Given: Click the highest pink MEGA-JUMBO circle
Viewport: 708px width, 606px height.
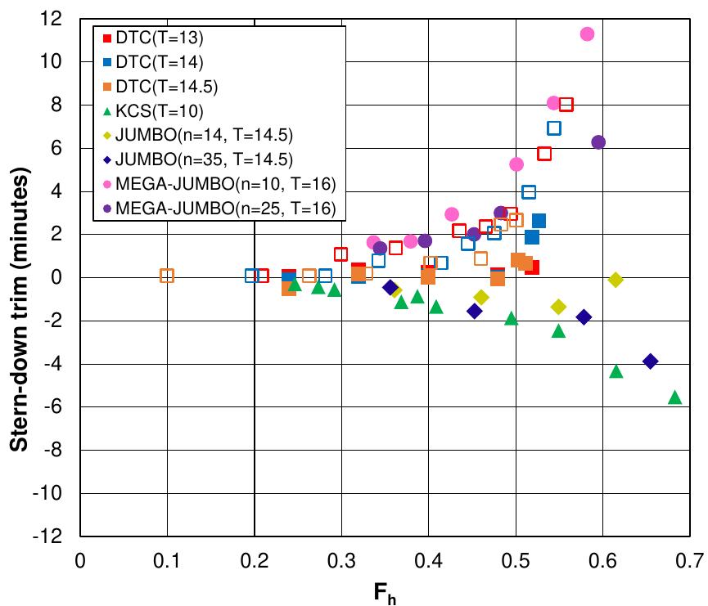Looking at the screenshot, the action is coord(587,34).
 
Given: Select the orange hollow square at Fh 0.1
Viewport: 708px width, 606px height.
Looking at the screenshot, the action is coord(167,276).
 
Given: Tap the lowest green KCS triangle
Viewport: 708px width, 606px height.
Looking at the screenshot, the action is coord(674,397).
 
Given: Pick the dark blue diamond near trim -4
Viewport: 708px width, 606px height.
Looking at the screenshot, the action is coord(650,361).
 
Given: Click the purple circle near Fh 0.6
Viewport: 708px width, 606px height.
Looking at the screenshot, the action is coord(598,142).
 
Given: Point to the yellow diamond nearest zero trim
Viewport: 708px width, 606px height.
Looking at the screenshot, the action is coord(616,280).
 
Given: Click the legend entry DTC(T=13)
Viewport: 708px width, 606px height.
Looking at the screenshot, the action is coord(153,38).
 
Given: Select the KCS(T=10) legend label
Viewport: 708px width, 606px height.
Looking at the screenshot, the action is coord(153,111).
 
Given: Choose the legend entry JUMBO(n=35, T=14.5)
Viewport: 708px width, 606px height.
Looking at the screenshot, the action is coord(198,159).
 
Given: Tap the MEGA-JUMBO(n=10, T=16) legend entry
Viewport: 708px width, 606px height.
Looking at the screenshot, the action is coord(219,184).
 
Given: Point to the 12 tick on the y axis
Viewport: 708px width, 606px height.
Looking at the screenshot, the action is coord(51,19).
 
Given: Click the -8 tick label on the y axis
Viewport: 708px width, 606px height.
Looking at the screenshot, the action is coord(51,450).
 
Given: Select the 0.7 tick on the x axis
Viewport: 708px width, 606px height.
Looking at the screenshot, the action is coord(689,560).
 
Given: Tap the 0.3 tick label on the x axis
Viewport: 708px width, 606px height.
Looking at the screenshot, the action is coord(341,560).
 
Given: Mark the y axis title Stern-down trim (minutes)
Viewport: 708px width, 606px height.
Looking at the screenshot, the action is coord(19,309).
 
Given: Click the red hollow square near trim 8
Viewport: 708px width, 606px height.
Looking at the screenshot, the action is coord(566,105).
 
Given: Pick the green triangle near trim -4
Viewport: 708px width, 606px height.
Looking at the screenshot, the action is coord(616,372).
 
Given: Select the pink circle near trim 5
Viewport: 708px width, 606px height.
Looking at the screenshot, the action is coord(516,164).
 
